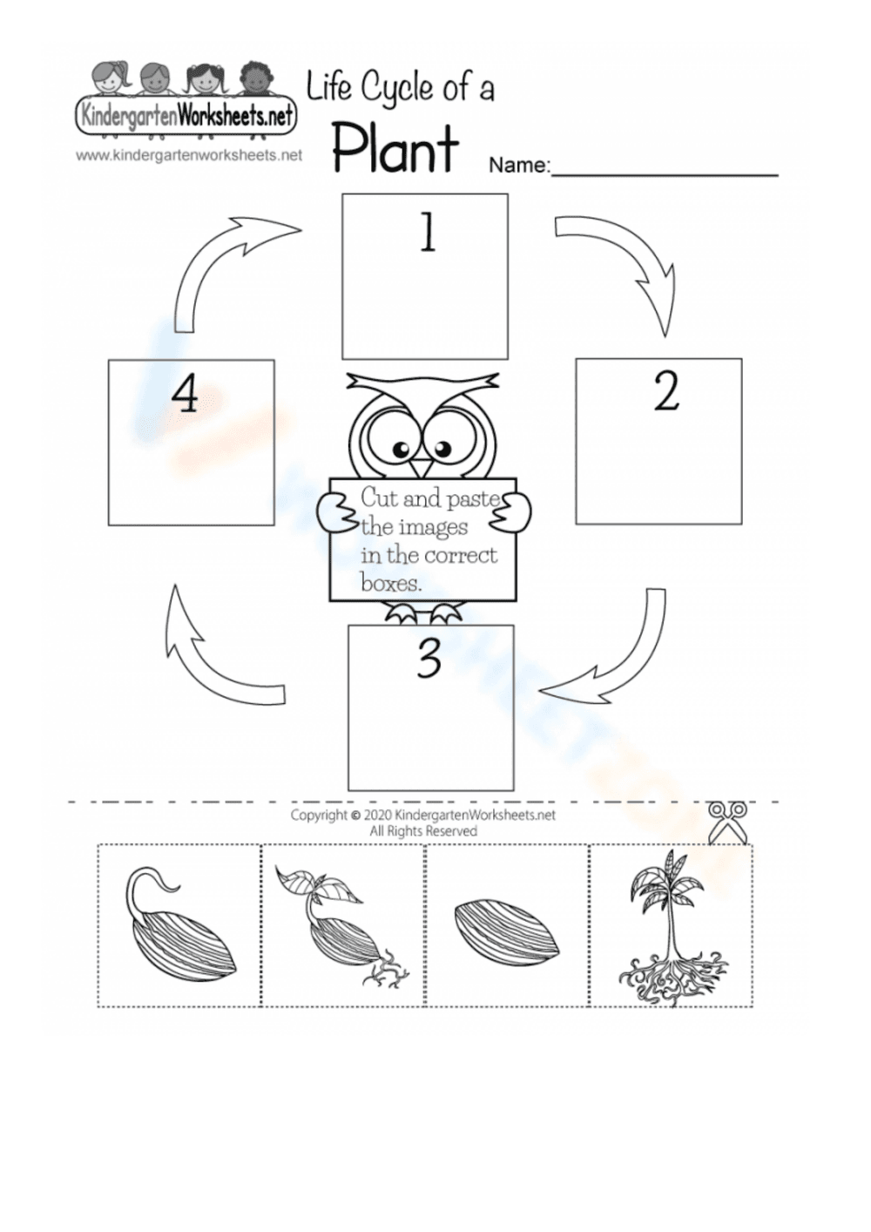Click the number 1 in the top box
coord(427,234)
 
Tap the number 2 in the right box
coord(666,392)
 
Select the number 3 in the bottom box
coord(429,660)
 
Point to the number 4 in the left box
coord(185,395)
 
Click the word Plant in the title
coord(395,149)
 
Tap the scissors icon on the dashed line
coord(728,822)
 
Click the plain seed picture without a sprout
coord(506,929)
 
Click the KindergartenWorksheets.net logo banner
coord(186,114)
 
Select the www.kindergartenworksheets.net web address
coord(188,156)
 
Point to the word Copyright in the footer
coord(318,816)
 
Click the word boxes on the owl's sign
coord(391,583)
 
